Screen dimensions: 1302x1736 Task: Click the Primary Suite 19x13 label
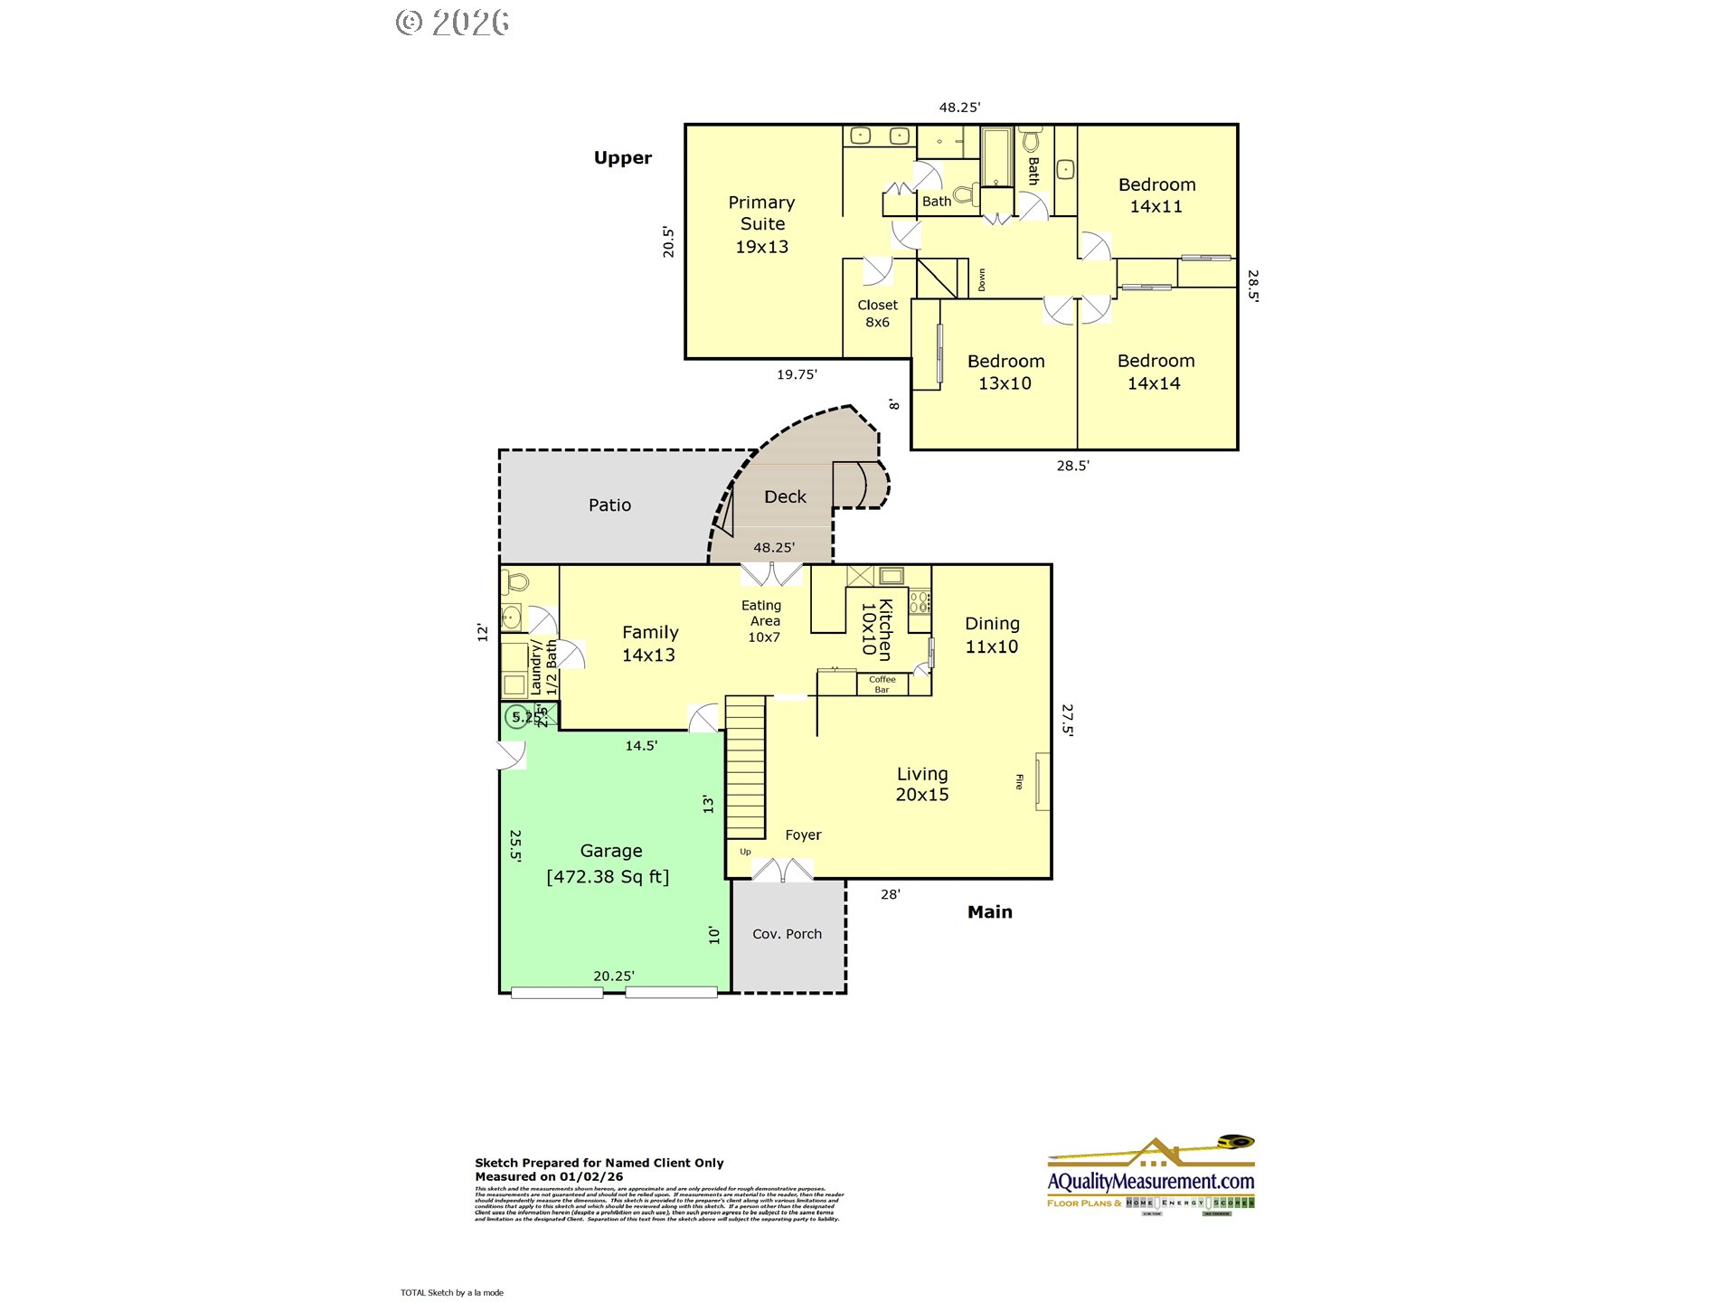[x=761, y=224]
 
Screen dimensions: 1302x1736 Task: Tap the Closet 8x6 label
[x=877, y=314]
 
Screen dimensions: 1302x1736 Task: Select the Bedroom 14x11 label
[x=1156, y=195]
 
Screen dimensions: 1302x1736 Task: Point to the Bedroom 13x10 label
[x=1005, y=372]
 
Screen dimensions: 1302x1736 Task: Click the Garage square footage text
[x=608, y=876]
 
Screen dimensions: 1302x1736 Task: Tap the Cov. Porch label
[x=787, y=934]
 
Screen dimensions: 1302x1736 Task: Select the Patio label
[x=609, y=505]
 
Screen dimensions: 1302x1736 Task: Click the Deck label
[x=785, y=496]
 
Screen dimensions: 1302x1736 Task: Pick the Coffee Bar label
[x=882, y=684]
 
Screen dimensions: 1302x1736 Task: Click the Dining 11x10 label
[x=992, y=635]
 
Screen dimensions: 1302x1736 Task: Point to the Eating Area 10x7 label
[x=763, y=621]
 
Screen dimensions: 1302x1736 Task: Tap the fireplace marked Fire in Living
[x=1042, y=781]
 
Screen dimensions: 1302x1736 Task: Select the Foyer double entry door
[x=782, y=870]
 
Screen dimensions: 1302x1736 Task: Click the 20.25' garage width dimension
[x=613, y=976]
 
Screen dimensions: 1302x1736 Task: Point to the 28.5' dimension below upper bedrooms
[x=1072, y=466]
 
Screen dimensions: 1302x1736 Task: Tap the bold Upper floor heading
[x=622, y=157]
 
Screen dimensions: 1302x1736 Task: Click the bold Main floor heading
[x=989, y=911]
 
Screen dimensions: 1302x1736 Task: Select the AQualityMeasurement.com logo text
[x=1150, y=1181]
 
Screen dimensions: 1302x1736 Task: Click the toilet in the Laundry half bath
[x=516, y=580]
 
